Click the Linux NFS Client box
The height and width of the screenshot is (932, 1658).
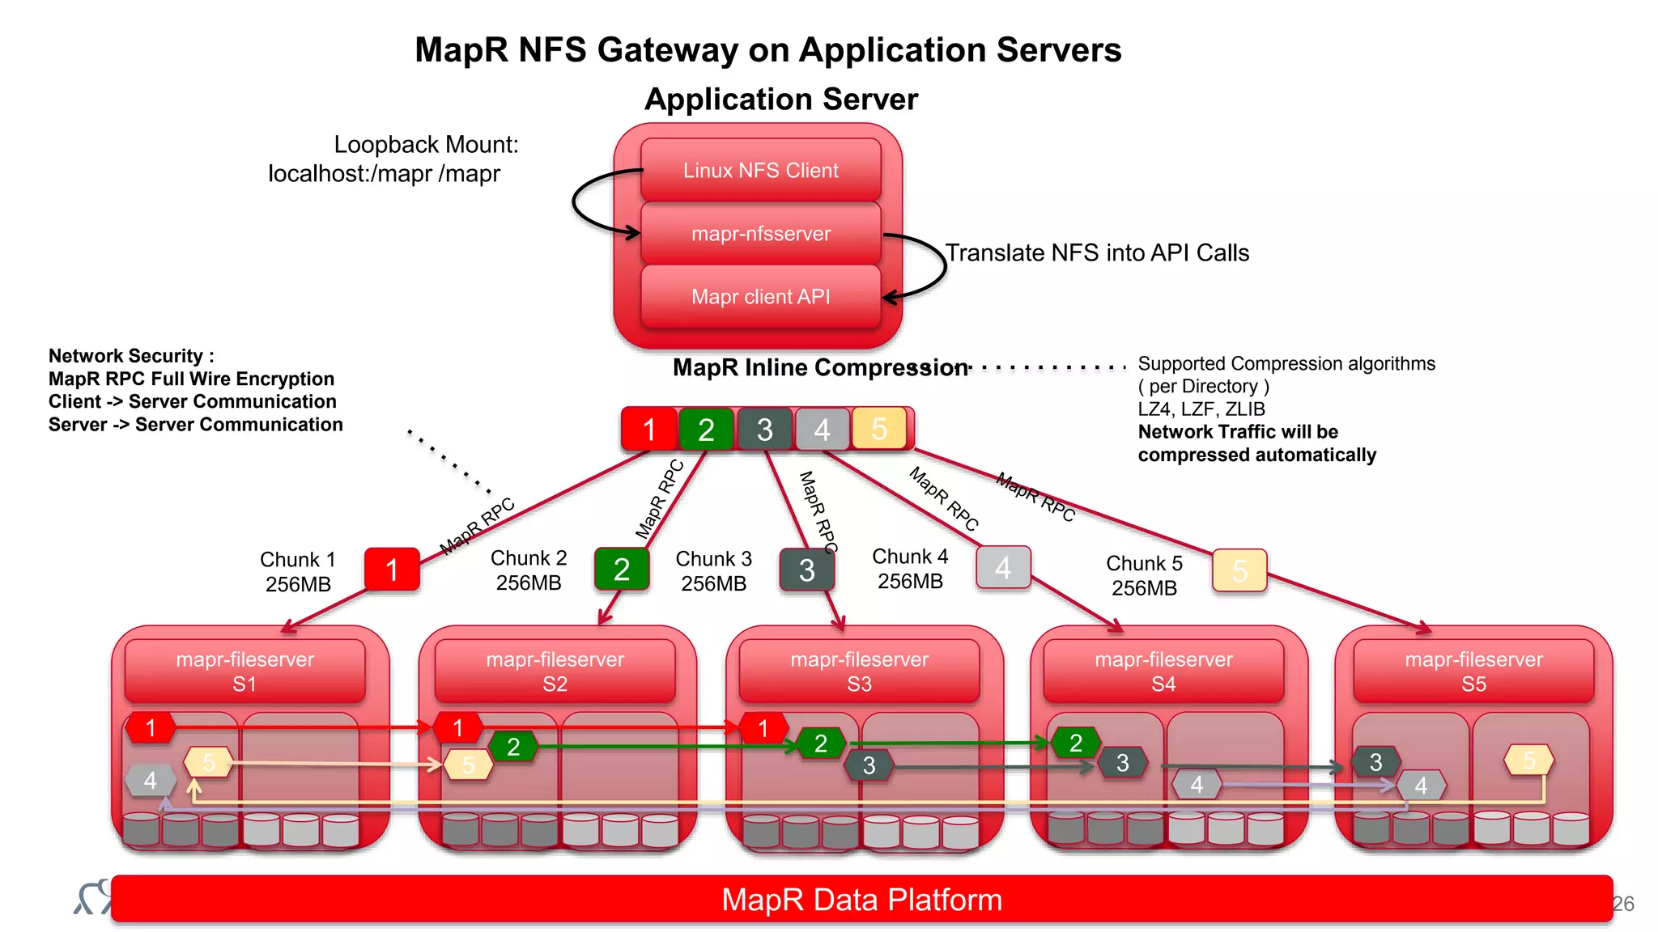(x=760, y=170)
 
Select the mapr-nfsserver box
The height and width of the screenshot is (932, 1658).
(x=760, y=234)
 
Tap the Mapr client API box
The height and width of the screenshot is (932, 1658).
(x=760, y=296)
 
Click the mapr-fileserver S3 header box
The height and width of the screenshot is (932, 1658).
(x=859, y=671)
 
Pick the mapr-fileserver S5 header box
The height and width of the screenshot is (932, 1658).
(x=1473, y=671)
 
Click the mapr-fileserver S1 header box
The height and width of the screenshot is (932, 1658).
(x=244, y=671)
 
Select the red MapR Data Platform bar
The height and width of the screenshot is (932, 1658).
(x=861, y=899)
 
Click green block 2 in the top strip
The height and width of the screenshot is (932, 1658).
(x=706, y=430)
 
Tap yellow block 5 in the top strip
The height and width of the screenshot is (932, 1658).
(x=878, y=429)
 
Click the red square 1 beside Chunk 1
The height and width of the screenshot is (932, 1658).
(x=392, y=570)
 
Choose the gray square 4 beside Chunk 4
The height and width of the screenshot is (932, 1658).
(x=1003, y=567)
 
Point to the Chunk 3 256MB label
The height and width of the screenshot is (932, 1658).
(x=713, y=570)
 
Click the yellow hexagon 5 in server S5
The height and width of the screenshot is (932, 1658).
(x=1528, y=760)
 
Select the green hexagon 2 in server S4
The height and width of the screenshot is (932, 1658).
(x=1075, y=743)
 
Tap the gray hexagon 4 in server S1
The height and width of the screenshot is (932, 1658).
(x=151, y=781)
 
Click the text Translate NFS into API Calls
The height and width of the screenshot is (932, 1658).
(x=1097, y=252)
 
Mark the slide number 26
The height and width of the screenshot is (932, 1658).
(x=1622, y=904)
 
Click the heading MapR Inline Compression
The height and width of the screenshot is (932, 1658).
(x=819, y=367)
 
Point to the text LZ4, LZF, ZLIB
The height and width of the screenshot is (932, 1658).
(x=1201, y=409)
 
